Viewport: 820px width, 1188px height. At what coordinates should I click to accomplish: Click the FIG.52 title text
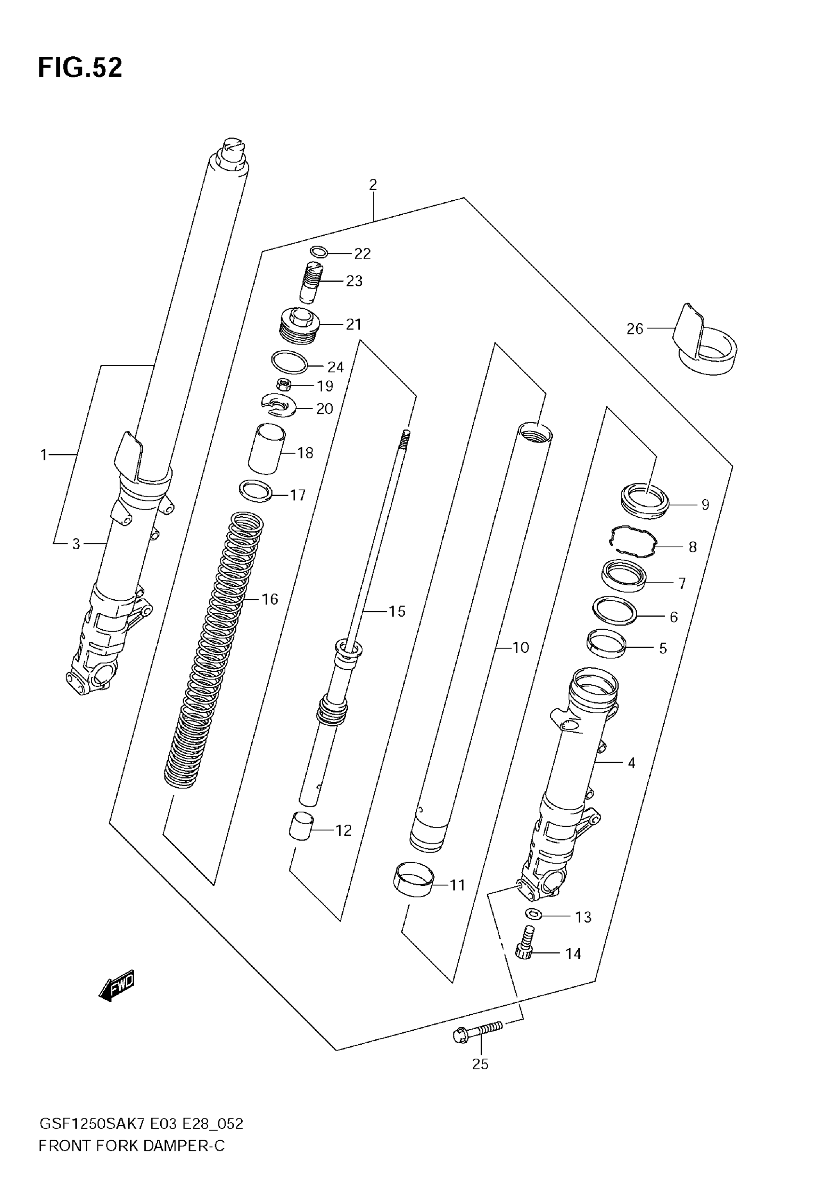click(x=80, y=68)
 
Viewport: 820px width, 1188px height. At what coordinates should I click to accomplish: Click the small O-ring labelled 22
click(x=319, y=252)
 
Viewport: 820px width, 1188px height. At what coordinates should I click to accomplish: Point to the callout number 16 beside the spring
click(x=270, y=599)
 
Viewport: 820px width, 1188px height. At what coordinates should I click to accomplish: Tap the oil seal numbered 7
click(x=624, y=577)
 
